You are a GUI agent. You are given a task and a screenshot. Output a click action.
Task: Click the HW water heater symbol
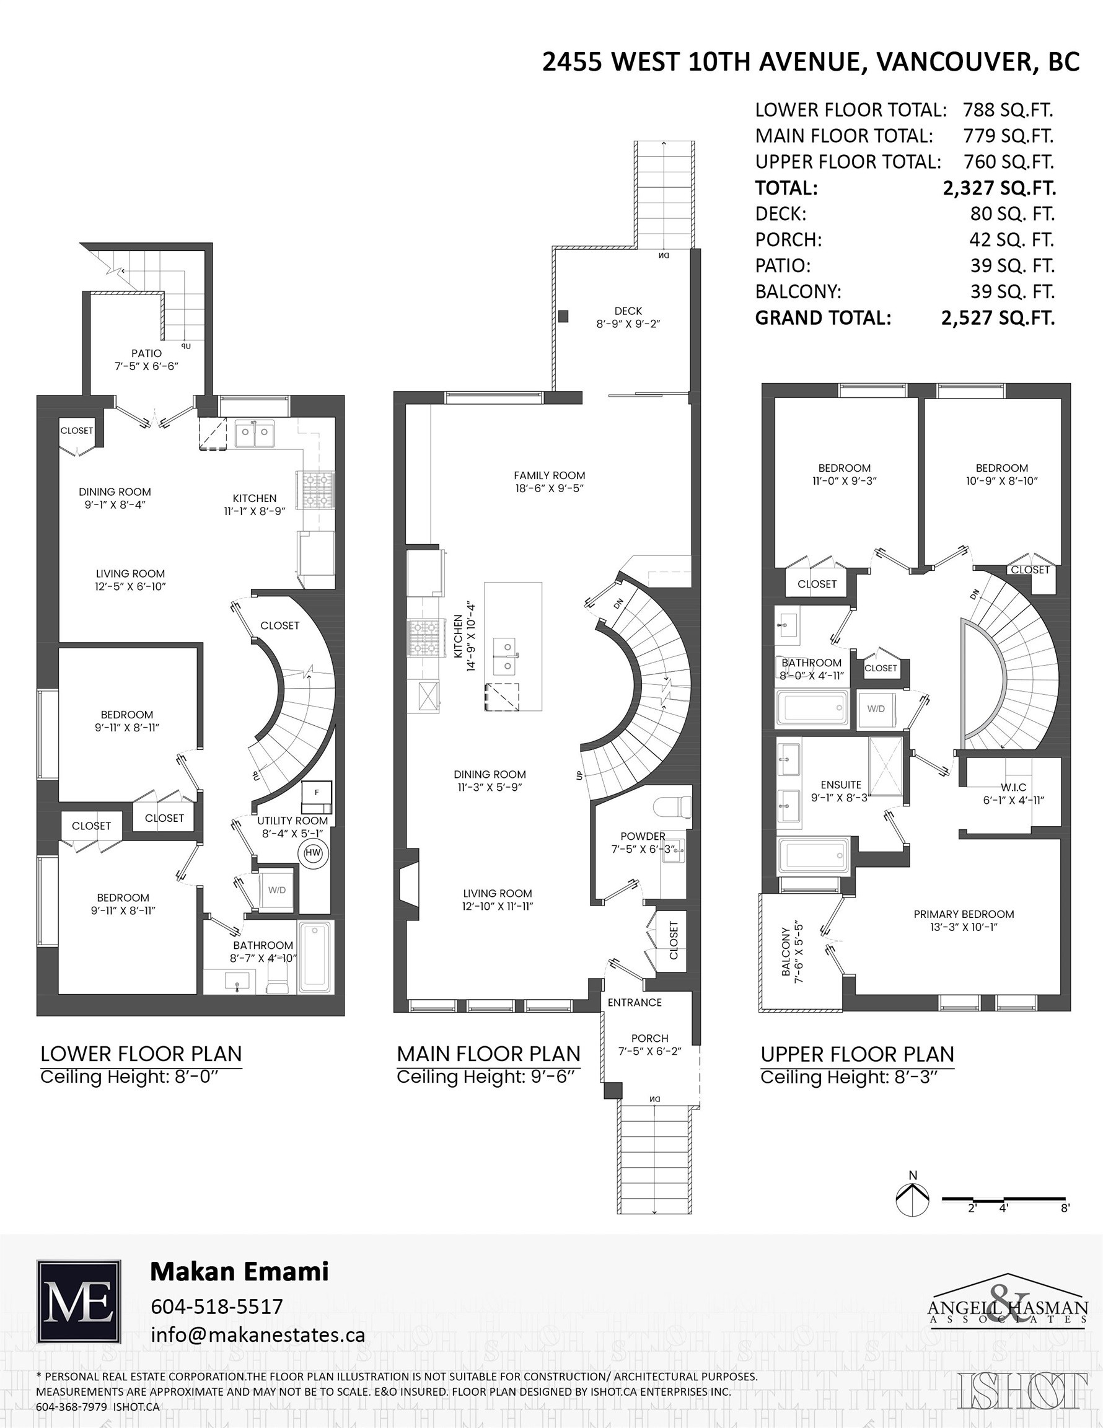point(312,853)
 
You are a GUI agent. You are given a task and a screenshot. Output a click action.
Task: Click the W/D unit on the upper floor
point(876,709)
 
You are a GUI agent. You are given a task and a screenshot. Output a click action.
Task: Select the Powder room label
point(643,836)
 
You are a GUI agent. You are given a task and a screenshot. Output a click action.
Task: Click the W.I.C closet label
point(1013,787)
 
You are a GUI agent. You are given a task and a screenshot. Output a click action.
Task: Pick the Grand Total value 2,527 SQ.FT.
point(998,319)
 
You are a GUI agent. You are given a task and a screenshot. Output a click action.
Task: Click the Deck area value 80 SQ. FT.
point(1011,214)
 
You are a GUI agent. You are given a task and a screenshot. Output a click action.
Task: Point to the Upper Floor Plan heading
point(857,1054)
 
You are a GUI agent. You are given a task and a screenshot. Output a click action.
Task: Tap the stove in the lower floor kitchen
point(317,490)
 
